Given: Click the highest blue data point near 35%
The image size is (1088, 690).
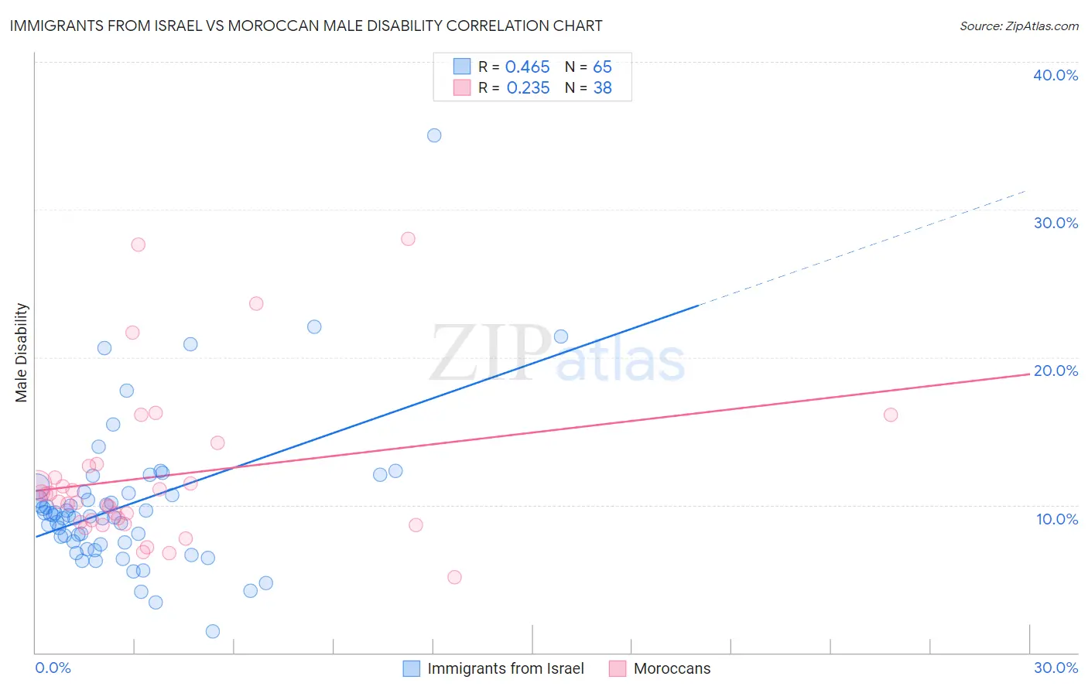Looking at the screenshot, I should [434, 135].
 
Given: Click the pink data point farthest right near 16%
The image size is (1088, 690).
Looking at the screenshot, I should [891, 415].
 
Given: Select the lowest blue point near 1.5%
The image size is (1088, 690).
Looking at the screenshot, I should [213, 631].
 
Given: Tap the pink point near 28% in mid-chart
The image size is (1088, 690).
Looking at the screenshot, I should [408, 238].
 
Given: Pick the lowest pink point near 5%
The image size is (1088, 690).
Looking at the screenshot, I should [454, 577].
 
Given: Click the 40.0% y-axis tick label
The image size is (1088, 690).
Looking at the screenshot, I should [1055, 75].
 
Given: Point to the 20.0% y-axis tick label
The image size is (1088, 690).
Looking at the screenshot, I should [1055, 371].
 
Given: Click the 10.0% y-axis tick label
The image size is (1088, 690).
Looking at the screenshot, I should [1057, 519].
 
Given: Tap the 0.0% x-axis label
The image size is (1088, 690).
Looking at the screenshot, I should [53, 668].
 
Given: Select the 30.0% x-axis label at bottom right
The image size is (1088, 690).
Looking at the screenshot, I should [1055, 668].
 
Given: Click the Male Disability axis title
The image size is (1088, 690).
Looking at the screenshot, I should [22, 353].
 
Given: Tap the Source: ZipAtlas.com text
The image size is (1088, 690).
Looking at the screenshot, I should [1018, 26].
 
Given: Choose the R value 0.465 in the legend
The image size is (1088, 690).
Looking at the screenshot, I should [527, 67].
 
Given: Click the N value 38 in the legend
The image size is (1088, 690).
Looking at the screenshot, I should [602, 88].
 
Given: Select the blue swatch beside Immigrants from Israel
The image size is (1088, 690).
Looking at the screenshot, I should [412, 668].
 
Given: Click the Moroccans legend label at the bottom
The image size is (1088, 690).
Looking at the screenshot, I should [672, 668].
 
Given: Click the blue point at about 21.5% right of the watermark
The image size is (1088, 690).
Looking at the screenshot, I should [561, 336].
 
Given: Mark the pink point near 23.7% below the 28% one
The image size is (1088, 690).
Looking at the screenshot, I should [256, 303].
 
